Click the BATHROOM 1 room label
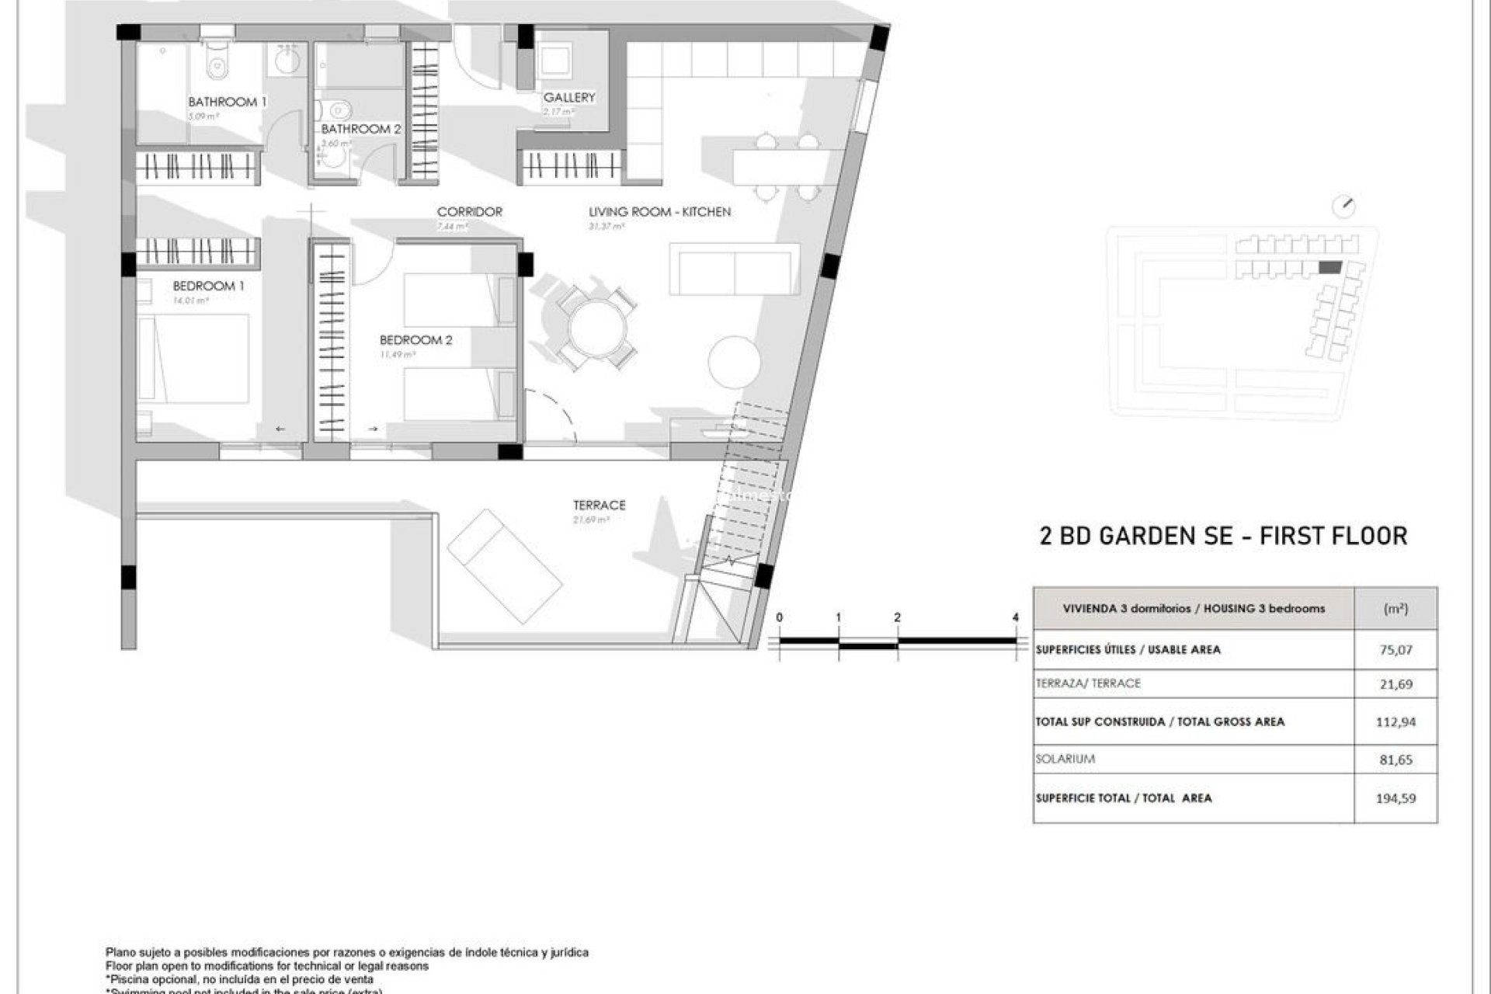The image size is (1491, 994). tap(227, 102)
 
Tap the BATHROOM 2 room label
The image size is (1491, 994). tap(361, 129)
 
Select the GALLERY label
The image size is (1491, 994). tap(568, 97)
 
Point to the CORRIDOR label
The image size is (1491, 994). tap(469, 211)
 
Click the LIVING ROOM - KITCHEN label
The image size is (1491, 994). tap(659, 211)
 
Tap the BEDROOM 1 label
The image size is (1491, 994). tap(208, 286)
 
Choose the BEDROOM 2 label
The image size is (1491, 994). tap(415, 340)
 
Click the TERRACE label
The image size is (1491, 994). tap(599, 505)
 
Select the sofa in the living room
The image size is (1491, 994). tap(734, 269)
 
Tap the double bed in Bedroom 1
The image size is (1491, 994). tap(194, 359)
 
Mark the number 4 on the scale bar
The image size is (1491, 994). tap(1016, 617)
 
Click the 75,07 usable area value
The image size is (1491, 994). tap(1395, 650)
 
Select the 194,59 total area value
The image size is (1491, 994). tap(1395, 798)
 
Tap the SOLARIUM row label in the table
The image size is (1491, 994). tap(1065, 759)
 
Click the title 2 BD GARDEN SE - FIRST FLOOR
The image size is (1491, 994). tap(1223, 536)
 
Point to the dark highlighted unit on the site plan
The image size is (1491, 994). tap(1330, 267)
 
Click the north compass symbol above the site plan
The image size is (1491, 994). tap(1343, 207)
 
